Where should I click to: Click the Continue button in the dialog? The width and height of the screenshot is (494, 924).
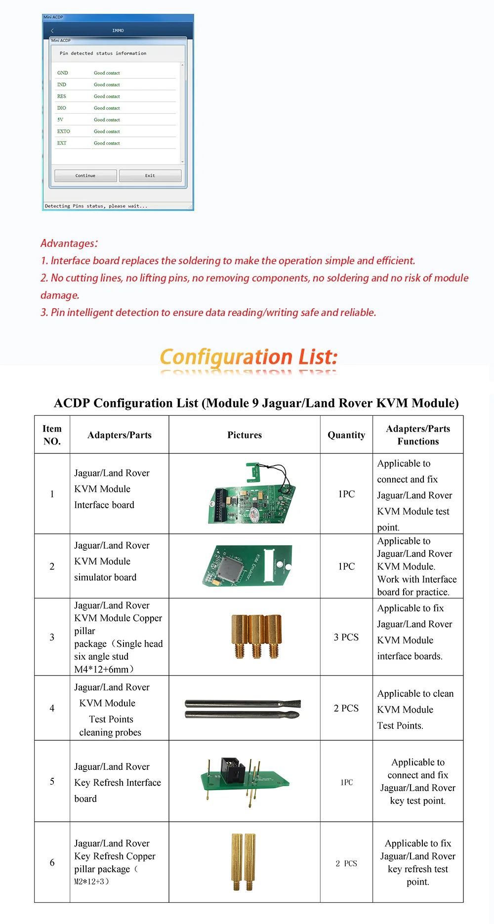point(85,175)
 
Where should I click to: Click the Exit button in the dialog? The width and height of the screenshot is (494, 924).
point(150,175)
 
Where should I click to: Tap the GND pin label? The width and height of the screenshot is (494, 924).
point(63,73)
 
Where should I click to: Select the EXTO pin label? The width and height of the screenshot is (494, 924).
point(64,131)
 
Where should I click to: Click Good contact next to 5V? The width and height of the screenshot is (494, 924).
point(107,120)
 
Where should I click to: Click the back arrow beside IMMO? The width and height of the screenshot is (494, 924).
point(52,31)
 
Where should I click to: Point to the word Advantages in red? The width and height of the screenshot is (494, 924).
point(68,243)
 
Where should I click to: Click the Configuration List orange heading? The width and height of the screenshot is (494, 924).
point(248,357)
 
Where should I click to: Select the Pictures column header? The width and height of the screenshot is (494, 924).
point(244,435)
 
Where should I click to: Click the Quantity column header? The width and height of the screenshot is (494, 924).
point(346,435)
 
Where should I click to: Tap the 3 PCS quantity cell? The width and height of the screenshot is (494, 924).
point(346,637)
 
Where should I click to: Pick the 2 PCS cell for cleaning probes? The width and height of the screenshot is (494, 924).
point(346,708)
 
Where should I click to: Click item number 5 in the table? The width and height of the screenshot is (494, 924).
point(52,781)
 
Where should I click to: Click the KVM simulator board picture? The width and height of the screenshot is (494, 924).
point(247,565)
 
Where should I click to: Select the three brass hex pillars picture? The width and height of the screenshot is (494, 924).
point(256,636)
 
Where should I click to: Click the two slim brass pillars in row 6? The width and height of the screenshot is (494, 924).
point(244,861)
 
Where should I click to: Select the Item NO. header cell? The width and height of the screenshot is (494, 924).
point(52,435)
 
